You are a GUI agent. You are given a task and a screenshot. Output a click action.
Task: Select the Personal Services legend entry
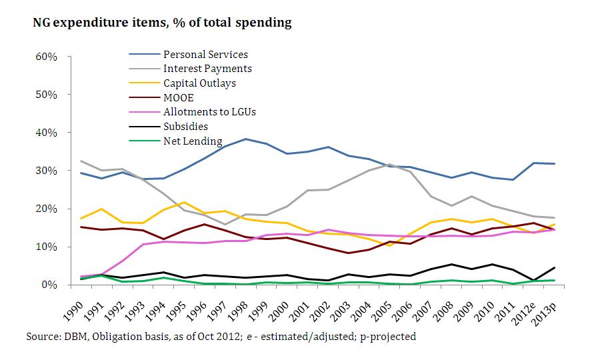point(205,55)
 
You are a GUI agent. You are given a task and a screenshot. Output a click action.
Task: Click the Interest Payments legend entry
point(207,69)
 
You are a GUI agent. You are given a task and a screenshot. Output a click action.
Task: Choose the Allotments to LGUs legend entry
point(209,111)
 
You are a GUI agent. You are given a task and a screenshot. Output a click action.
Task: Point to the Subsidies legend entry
point(185,125)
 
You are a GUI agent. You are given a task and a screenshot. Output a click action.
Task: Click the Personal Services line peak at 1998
point(247,139)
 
